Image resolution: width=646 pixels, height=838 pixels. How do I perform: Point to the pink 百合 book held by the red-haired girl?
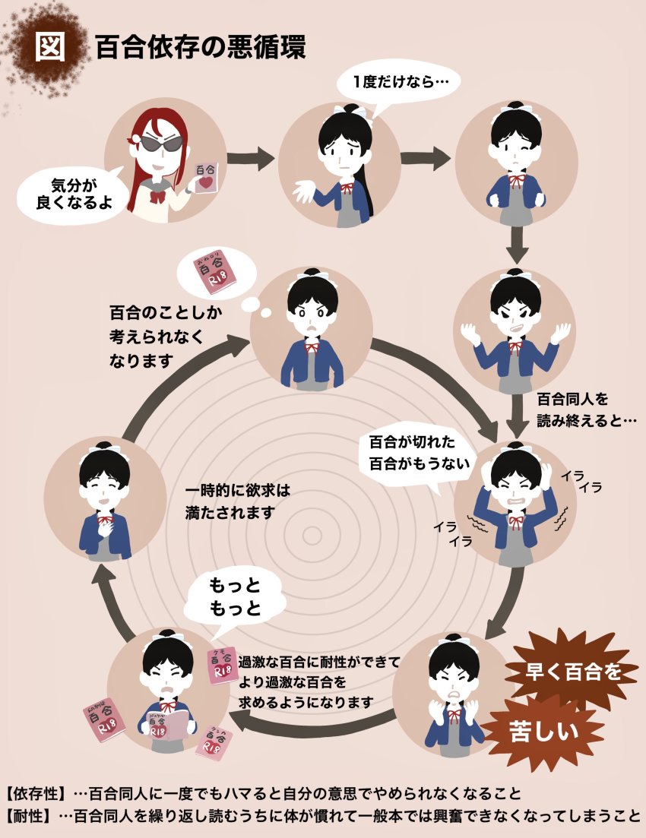204,180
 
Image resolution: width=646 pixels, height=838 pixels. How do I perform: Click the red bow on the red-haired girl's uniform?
158,197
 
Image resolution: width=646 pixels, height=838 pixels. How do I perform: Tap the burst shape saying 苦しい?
542,732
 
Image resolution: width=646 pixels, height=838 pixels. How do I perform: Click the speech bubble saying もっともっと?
235,597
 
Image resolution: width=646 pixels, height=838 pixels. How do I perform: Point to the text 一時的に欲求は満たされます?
237,501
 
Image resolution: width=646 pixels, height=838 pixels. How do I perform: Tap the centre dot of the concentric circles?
312,536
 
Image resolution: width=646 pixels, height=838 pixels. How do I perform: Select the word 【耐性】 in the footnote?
29,816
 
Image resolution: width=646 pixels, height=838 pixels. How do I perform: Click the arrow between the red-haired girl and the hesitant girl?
250,160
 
